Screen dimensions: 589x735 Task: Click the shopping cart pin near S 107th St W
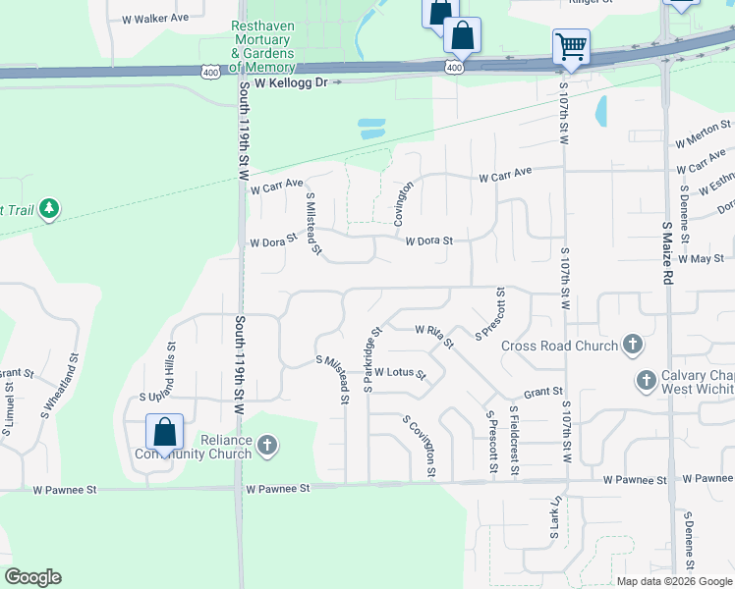571,45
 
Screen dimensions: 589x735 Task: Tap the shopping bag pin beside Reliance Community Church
164,432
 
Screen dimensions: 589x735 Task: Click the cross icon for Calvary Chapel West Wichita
647,380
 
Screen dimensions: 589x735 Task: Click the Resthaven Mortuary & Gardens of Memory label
263,47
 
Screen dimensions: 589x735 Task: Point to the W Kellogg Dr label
288,84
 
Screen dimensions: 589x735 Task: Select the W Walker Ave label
155,18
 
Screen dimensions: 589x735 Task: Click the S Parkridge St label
371,359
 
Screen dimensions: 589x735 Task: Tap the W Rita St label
434,336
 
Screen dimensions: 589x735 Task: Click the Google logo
32,577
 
